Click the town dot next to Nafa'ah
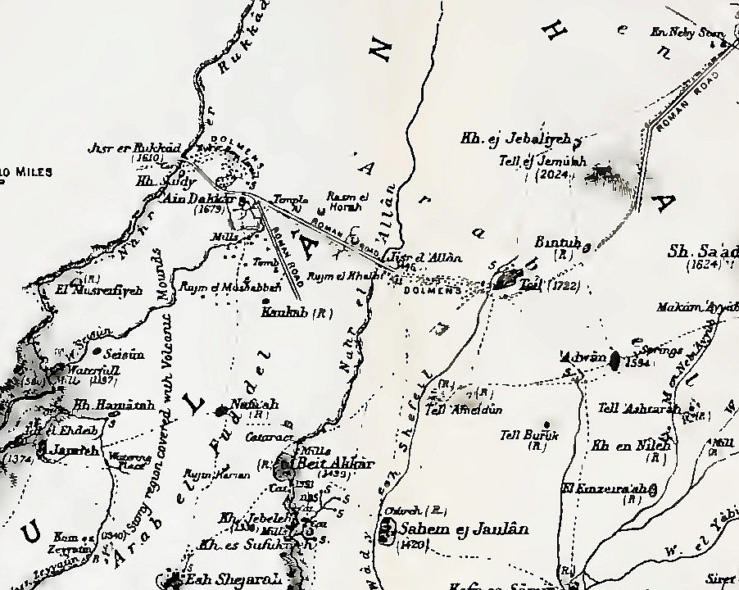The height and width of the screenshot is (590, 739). [222, 410]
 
